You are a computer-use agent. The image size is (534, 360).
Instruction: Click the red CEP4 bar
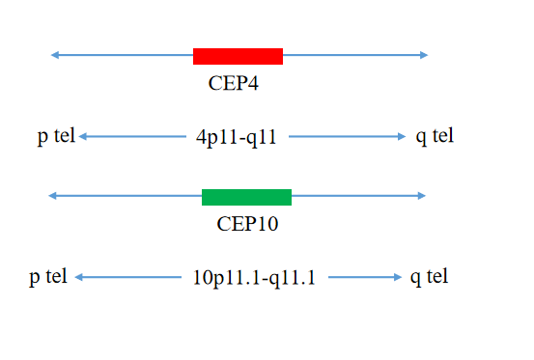[239, 56]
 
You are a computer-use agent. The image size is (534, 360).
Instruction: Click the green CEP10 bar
[246, 197]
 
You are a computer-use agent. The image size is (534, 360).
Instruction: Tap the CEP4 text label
[234, 83]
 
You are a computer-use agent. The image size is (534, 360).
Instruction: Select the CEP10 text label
[247, 224]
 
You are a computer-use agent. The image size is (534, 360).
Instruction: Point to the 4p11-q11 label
[237, 137]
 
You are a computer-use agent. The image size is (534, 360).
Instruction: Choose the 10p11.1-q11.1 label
[254, 278]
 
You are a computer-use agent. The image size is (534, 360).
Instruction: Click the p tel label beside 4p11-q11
[56, 136]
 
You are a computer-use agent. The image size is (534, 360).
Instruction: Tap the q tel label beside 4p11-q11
[435, 136]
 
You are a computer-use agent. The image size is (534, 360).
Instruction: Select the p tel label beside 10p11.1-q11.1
[48, 277]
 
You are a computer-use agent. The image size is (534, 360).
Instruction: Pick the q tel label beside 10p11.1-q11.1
[429, 277]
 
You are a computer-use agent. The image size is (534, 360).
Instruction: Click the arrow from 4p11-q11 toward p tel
[132, 136]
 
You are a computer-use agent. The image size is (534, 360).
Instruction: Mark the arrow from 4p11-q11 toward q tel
[348, 136]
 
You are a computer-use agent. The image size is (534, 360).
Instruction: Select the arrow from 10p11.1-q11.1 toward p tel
[128, 277]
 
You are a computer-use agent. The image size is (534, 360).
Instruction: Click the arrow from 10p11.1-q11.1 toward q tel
[365, 277]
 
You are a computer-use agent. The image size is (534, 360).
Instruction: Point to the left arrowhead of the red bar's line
[54, 55]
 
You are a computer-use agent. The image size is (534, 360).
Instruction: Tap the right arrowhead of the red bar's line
[424, 55]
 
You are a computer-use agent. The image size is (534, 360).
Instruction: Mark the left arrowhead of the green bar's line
[52, 196]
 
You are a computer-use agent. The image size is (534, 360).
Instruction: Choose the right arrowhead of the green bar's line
[422, 196]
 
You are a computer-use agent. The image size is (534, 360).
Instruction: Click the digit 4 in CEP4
[253, 83]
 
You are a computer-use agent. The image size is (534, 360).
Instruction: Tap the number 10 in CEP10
[268, 224]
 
